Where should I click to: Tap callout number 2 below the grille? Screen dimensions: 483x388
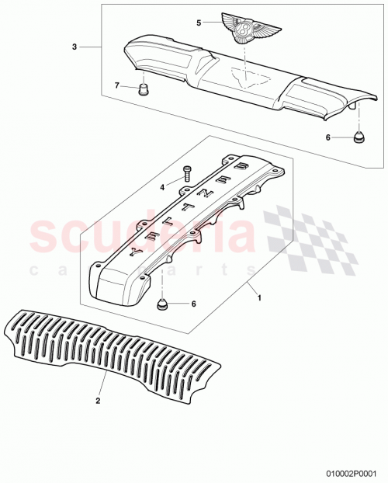[x=98, y=401]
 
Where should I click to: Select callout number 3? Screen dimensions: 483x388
[x=74, y=47]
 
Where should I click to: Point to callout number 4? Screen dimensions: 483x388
[x=162, y=187]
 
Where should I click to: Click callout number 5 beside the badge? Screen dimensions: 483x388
[x=198, y=23]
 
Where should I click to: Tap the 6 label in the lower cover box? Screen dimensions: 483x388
[x=193, y=304]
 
